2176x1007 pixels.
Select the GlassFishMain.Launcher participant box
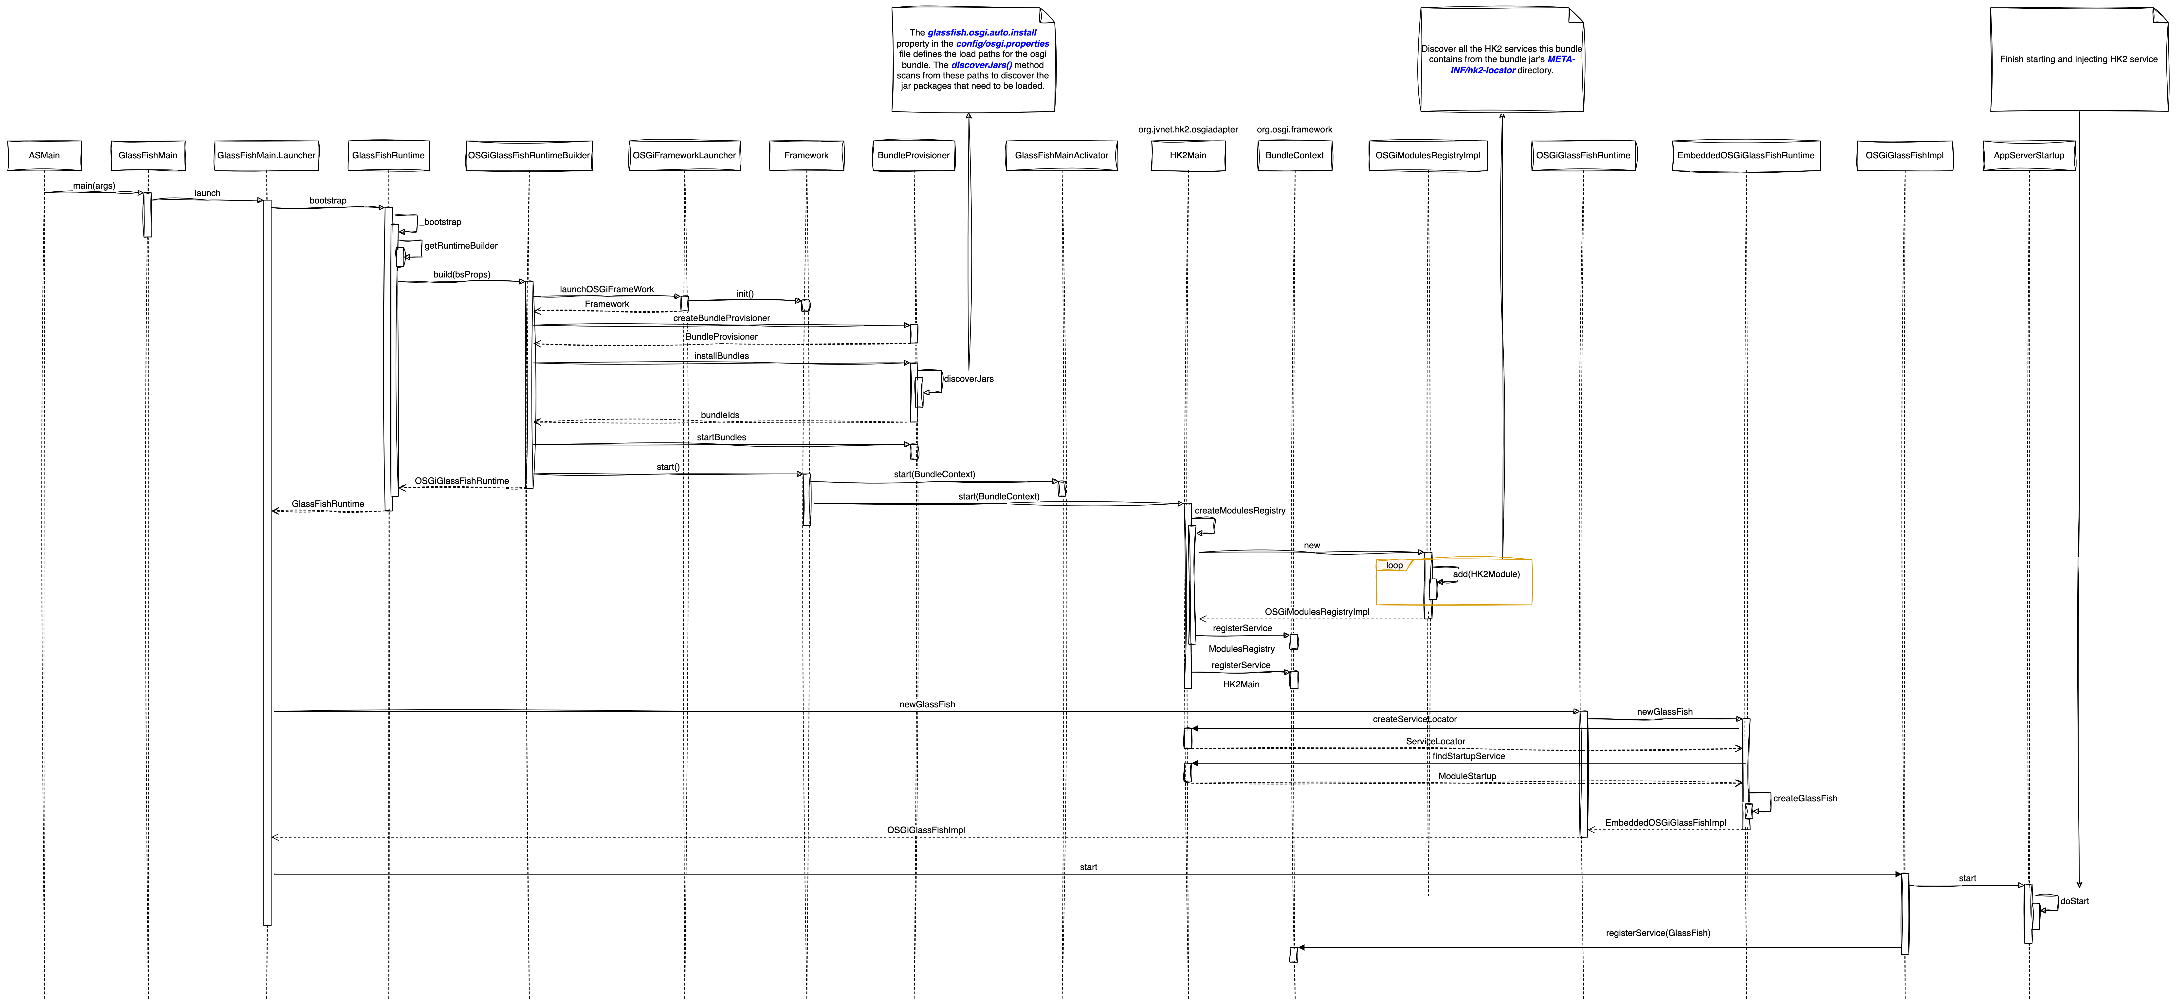point(266,155)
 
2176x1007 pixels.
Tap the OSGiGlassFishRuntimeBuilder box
point(529,155)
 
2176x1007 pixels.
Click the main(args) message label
point(94,186)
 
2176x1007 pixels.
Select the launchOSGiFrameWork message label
point(606,289)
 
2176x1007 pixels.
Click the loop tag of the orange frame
point(1394,565)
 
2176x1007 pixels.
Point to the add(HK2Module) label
point(1486,574)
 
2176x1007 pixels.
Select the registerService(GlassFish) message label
point(1657,933)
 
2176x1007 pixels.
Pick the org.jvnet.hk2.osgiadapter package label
point(1188,129)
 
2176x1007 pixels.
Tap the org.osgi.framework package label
point(1294,129)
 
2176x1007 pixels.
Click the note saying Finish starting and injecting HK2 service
point(2078,59)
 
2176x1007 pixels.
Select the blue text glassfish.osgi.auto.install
point(982,32)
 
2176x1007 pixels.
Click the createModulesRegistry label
point(1239,510)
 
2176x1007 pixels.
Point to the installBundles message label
point(721,356)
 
